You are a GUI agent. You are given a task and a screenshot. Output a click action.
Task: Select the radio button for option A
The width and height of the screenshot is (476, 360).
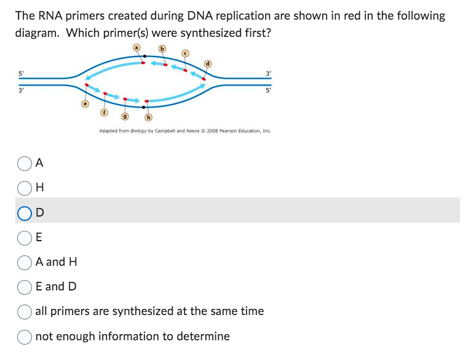click(25, 162)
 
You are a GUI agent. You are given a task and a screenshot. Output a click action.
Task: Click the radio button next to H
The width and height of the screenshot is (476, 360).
click(25, 187)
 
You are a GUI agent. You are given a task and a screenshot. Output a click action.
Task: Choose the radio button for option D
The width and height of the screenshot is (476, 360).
click(25, 212)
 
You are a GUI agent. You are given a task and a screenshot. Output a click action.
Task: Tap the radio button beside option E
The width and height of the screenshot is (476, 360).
click(25, 237)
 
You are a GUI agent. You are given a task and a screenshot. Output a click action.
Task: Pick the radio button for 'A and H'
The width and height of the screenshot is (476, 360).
click(25, 262)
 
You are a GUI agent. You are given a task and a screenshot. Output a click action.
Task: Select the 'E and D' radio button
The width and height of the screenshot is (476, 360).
click(25, 286)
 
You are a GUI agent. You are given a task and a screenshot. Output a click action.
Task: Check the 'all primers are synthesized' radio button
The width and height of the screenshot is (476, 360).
click(25, 311)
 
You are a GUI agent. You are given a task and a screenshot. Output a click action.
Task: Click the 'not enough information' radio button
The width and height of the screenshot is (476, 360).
click(25, 336)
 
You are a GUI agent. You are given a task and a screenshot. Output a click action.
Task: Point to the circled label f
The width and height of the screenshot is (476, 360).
click(105, 113)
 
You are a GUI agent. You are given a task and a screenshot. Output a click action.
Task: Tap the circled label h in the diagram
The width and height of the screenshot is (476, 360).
click(148, 117)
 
